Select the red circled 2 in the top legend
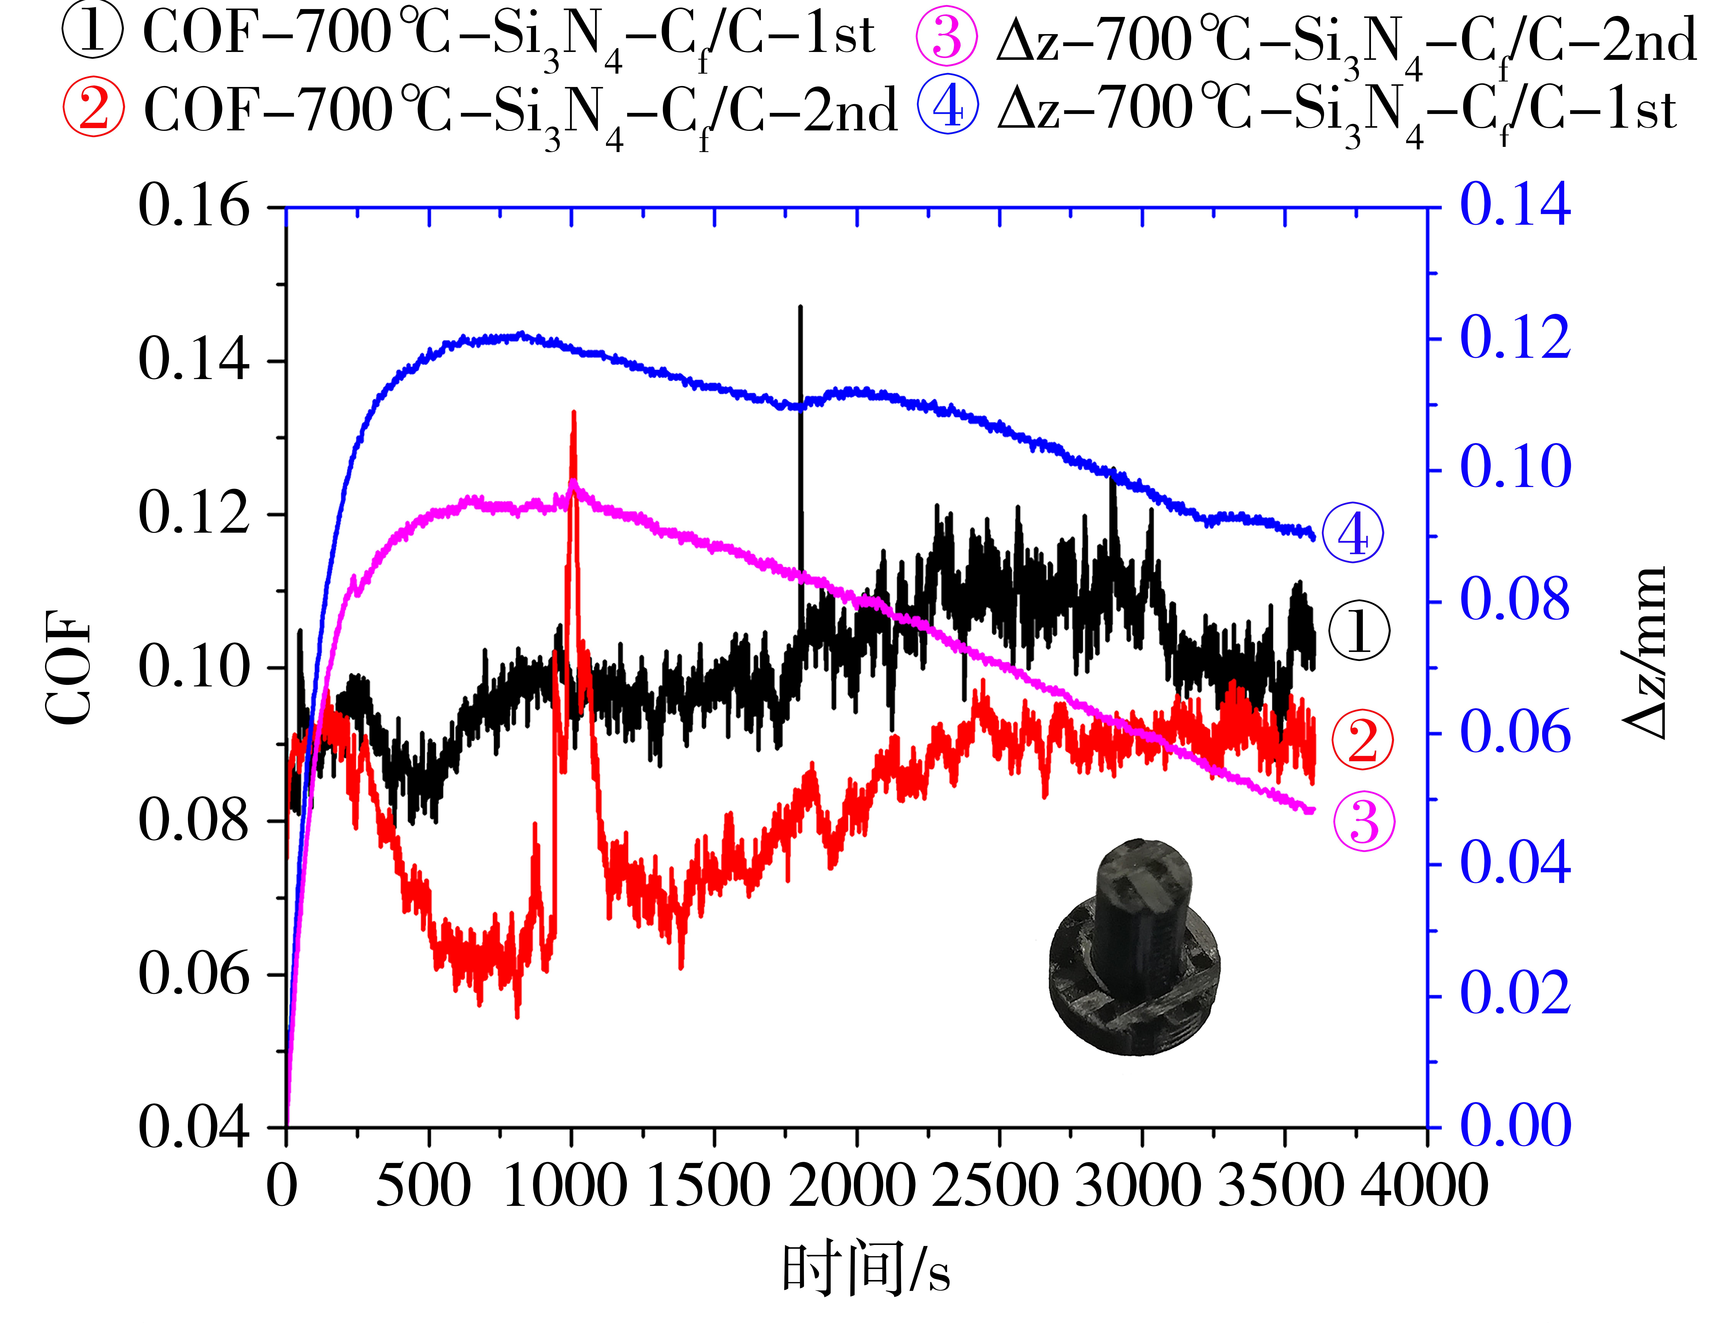coord(93,108)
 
